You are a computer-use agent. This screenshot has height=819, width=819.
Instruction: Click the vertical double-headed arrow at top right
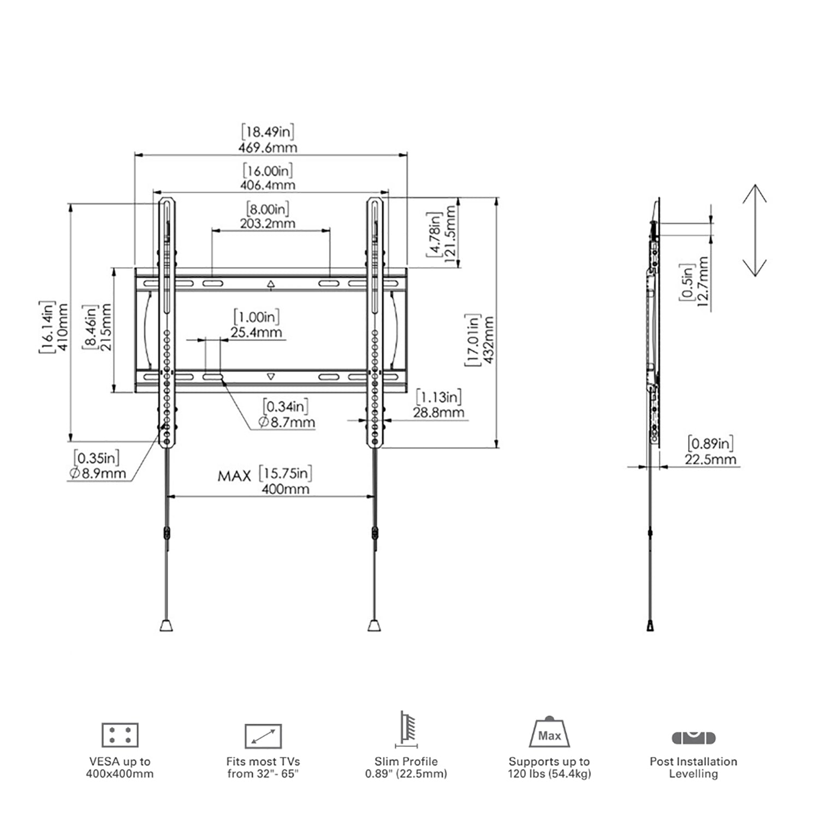(x=754, y=230)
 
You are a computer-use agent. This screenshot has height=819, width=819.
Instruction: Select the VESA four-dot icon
(x=120, y=735)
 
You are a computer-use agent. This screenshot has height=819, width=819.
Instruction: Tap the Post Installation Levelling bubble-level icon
(x=693, y=737)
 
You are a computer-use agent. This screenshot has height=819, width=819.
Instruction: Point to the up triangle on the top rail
(x=271, y=284)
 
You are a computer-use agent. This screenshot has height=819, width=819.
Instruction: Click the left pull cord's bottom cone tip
(x=167, y=625)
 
